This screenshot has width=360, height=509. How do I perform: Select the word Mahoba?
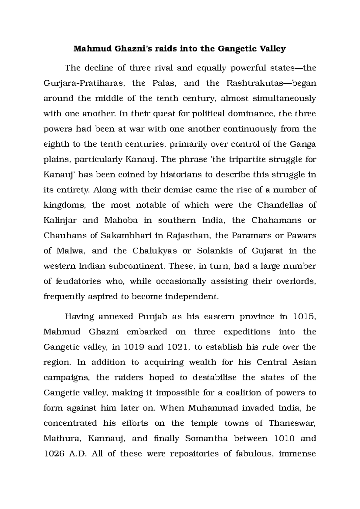[121, 220]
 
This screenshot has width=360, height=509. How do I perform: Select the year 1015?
[304, 317]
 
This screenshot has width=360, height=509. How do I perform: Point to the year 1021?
[179, 347]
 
